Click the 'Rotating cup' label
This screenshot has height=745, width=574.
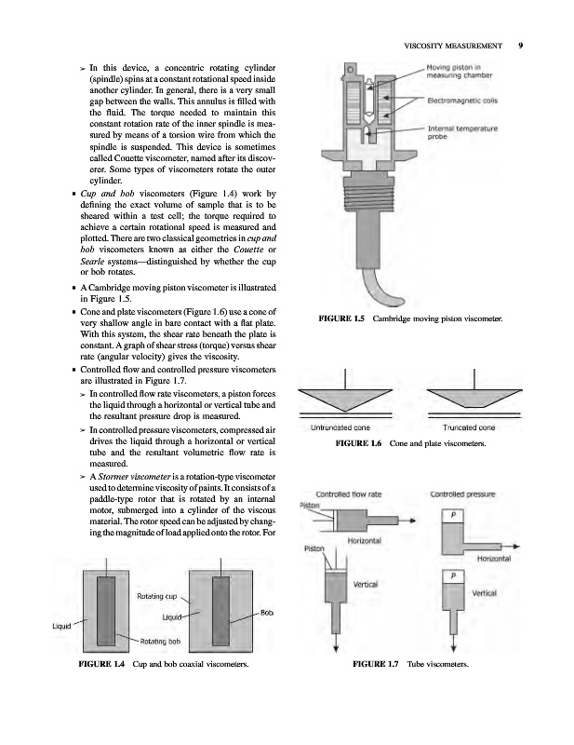pos(156,594)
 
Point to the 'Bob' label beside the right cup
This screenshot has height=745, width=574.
pos(266,612)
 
